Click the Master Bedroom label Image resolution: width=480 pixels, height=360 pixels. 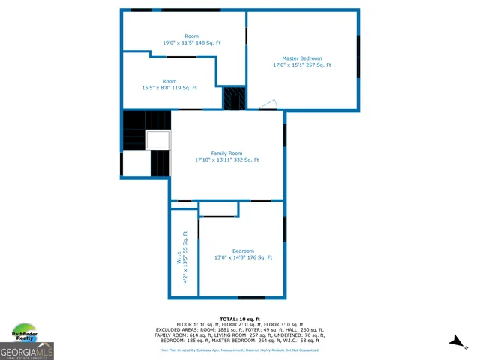click(301, 58)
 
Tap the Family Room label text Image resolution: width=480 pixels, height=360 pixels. click(226, 153)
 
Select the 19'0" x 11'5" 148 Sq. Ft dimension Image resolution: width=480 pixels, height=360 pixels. click(192, 43)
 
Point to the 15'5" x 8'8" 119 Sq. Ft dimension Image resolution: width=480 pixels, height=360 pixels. click(169, 88)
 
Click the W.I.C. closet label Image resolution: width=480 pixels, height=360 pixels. click(179, 257)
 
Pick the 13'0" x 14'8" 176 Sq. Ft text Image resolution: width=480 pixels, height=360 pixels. click(243, 257)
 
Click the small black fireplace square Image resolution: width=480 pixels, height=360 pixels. click(234, 98)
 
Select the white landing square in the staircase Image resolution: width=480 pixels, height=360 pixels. click(158, 140)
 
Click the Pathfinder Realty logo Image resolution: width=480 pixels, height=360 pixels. click(25, 334)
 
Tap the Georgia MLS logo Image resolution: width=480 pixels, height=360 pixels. click(27, 351)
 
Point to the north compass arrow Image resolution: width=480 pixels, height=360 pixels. click(456, 341)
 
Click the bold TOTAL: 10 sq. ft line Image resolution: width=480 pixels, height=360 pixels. click(239, 319)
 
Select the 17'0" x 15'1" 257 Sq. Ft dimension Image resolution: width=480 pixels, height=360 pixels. click(301, 65)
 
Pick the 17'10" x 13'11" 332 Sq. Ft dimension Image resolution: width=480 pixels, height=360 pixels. click(226, 160)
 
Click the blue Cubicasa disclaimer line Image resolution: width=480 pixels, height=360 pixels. click(239, 349)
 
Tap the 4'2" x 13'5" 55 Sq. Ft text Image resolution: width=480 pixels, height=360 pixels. click(185, 257)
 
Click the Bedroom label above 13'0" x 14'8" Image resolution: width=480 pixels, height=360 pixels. click(243, 250)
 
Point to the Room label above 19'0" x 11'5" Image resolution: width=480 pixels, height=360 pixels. click(192, 37)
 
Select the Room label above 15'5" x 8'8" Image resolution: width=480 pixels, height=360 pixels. click(169, 81)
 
